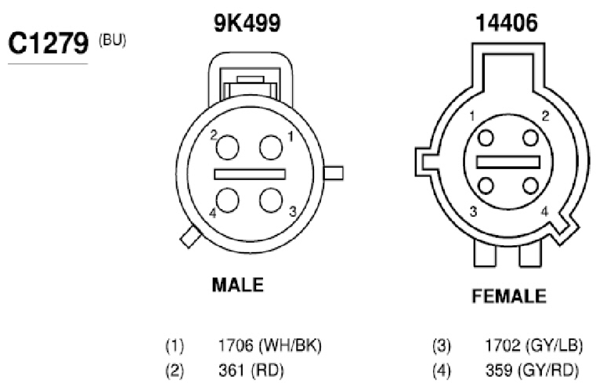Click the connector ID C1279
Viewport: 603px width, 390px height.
[x=49, y=43]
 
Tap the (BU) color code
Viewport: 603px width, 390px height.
[x=112, y=41]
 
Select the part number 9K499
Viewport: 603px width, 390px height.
[x=247, y=23]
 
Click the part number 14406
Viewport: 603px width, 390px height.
[x=507, y=23]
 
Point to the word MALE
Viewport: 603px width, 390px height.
[x=237, y=285]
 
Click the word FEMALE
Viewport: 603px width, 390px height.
[x=509, y=296]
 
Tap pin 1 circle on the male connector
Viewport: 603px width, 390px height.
[x=271, y=147]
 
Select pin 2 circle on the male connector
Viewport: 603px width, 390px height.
[x=227, y=147]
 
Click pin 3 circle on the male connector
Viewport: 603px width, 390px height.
[x=271, y=200]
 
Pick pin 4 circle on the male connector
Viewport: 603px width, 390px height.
[x=227, y=200]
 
